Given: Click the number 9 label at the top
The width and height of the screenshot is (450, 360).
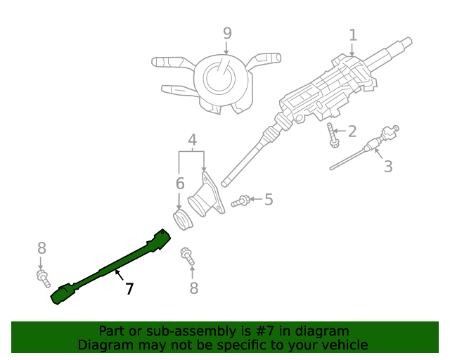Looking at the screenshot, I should (x=226, y=33).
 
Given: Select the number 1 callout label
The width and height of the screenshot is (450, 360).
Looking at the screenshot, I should (x=353, y=34).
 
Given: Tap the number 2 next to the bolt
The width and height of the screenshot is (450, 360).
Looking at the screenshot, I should (x=352, y=131).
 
